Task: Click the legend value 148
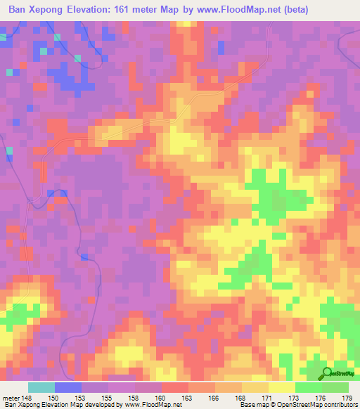click(27, 398)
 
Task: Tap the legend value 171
click(269, 398)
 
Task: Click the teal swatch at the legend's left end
click(41, 387)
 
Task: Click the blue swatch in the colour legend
click(68, 387)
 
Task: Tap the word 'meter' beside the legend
click(11, 398)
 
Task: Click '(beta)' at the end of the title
click(294, 9)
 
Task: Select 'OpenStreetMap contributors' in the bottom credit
click(319, 405)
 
